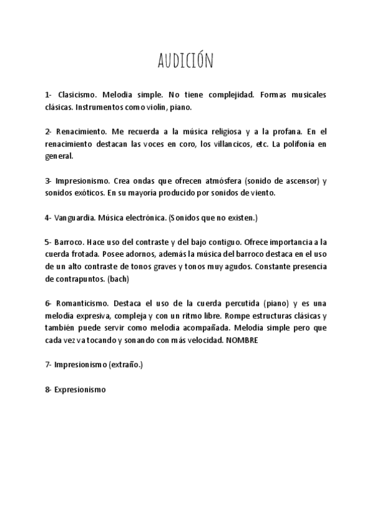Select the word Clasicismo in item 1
click(77, 96)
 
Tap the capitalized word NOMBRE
click(242, 340)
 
